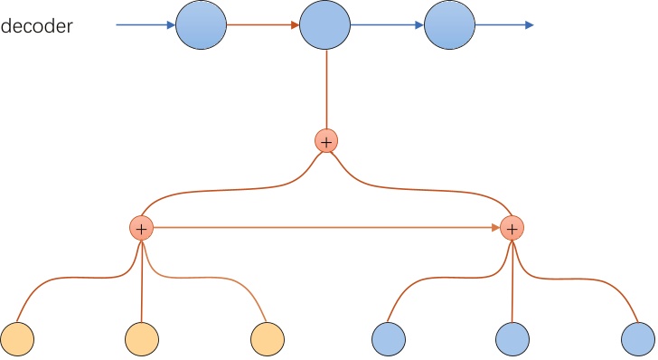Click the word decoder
click(x=37, y=26)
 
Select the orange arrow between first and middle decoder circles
click(x=262, y=24)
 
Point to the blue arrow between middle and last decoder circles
click(x=386, y=24)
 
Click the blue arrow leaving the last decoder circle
click(x=505, y=24)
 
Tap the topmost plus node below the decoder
click(x=325, y=141)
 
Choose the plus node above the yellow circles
click(x=140, y=228)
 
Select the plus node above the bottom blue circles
click(x=512, y=228)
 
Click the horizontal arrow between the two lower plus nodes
click(x=325, y=228)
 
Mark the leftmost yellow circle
click(x=16, y=338)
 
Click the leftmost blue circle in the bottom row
click(x=388, y=338)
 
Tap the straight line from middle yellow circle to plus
click(x=140, y=280)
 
